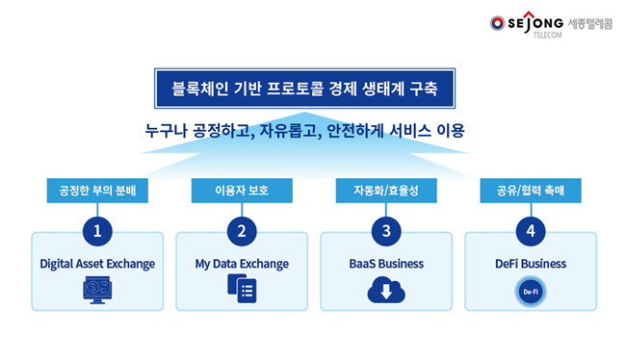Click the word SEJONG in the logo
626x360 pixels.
pos(536,20)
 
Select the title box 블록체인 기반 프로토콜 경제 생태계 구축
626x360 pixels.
pos(305,90)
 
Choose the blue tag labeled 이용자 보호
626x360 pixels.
pos(242,191)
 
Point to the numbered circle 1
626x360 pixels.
pos(97,231)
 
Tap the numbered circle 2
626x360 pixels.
pos(242,231)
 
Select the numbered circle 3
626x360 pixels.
pos(386,231)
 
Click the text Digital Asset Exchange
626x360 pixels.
pos(97,263)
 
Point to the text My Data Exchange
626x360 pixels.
pos(242,263)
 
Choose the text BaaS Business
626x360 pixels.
pos(386,263)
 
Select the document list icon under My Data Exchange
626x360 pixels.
pos(241,290)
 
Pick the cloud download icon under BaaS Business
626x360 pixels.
pos(385,290)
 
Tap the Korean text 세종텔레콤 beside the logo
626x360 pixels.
pos(590,20)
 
